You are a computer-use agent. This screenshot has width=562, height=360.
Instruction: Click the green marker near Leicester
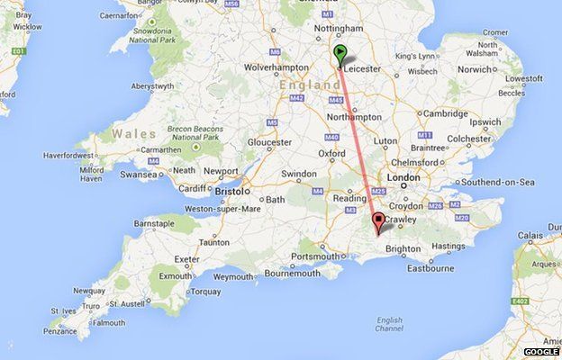pyautogui.click(x=340, y=54)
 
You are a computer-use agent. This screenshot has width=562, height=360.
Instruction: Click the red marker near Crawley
pyautogui.click(x=378, y=221)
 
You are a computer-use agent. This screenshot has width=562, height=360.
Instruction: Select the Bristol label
pyautogui.click(x=231, y=193)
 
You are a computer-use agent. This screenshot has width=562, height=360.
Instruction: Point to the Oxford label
pyautogui.click(x=332, y=153)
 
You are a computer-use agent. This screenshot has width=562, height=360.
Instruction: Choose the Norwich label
pyautogui.click(x=478, y=69)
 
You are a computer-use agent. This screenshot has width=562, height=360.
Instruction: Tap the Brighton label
pyautogui.click(x=403, y=247)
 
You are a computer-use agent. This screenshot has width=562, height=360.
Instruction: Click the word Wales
pyautogui.click(x=127, y=135)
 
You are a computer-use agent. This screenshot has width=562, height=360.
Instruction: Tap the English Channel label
pyautogui.click(x=389, y=324)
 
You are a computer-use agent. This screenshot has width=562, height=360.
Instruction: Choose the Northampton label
pyautogui.click(x=355, y=117)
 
